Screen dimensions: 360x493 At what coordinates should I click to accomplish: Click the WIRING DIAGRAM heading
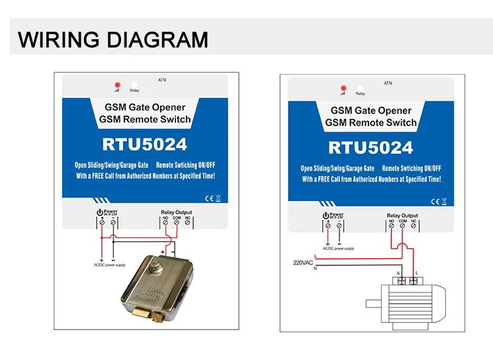(112, 40)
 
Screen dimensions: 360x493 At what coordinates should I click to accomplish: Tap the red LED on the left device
(117, 85)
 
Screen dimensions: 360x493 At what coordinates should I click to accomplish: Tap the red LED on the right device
(343, 88)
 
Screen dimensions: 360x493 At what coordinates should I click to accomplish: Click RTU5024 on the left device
(144, 144)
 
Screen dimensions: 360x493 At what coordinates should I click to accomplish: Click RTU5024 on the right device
(370, 147)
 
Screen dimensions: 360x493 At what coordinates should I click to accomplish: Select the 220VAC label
(302, 263)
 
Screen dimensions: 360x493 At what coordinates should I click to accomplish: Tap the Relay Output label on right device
(402, 216)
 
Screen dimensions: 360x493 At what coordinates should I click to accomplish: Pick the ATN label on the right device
(388, 84)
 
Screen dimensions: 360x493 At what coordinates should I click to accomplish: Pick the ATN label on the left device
(162, 81)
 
